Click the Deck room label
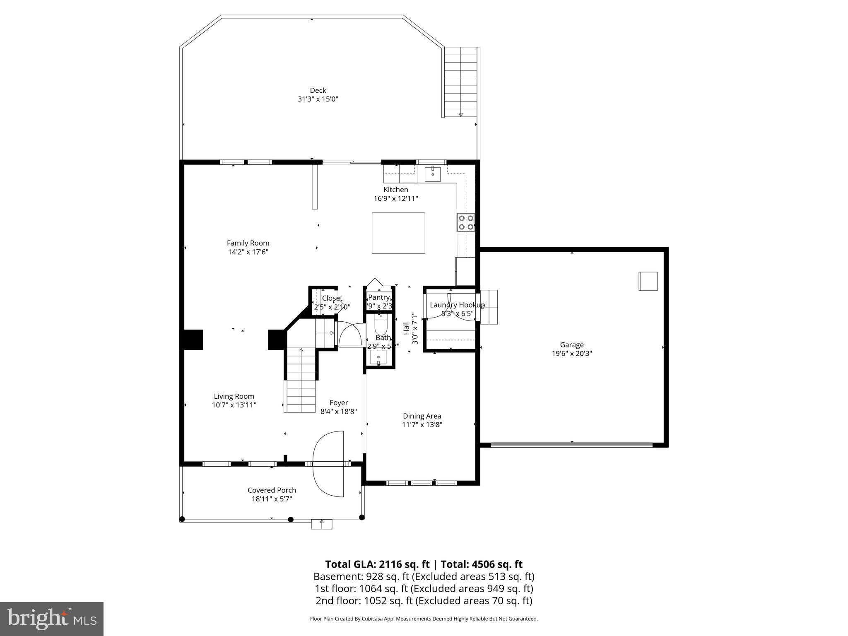point(318,90)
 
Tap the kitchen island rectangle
point(398,233)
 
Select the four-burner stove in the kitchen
point(466,222)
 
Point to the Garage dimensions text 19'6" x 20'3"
point(571,354)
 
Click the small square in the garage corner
point(648,281)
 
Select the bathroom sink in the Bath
point(378,357)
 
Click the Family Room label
point(248,243)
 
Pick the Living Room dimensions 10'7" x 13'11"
point(234,405)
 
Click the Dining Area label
point(422,416)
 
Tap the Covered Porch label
point(272,490)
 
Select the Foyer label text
point(339,402)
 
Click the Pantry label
point(378,297)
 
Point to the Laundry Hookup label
point(457,305)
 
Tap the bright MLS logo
point(52,619)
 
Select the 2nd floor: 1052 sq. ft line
point(424,601)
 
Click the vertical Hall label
point(406,328)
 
